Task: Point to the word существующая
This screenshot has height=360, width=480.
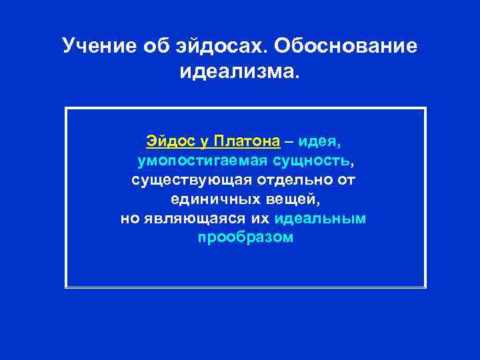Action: click(x=189, y=180)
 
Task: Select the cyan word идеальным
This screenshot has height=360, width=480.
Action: click(x=320, y=219)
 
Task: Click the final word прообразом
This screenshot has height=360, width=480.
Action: click(x=245, y=238)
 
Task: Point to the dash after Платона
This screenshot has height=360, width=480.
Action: click(x=289, y=141)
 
